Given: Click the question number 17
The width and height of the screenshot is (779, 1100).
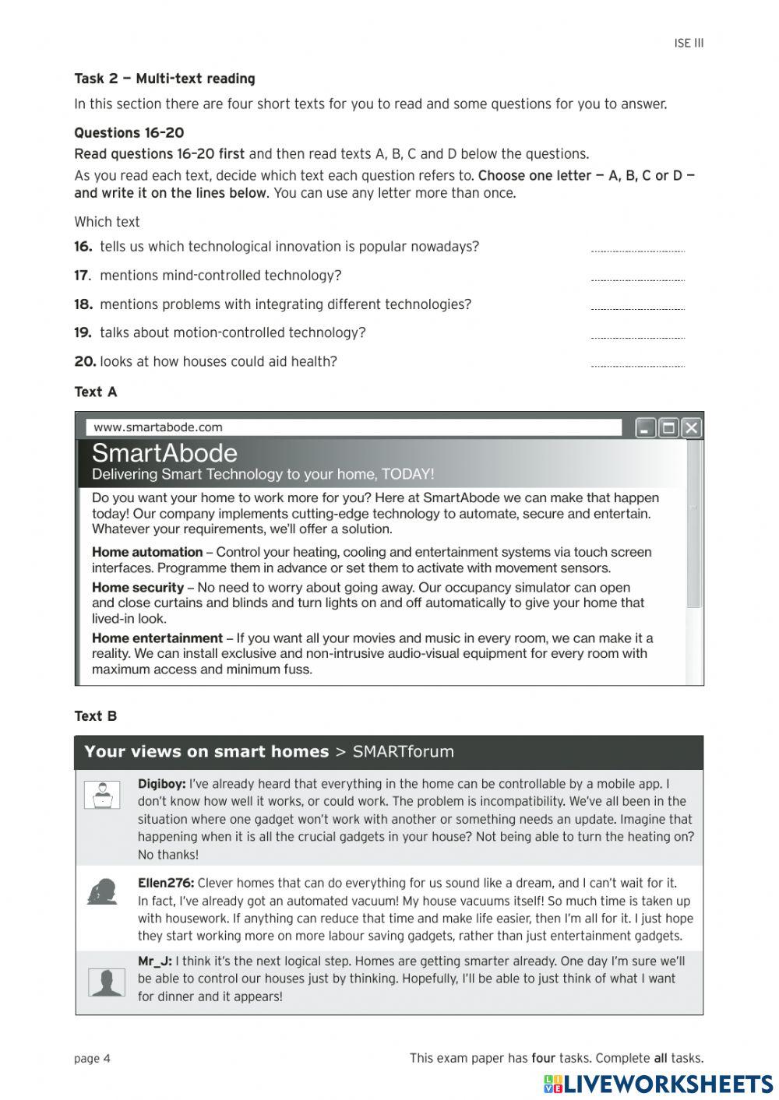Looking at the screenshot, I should click(83, 276).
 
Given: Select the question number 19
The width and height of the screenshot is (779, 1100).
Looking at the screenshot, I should click(83, 333).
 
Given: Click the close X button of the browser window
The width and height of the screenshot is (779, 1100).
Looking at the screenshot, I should click(691, 427).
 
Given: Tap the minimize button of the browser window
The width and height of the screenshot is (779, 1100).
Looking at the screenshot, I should click(646, 427).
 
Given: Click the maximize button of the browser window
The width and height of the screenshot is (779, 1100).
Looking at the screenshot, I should click(668, 427).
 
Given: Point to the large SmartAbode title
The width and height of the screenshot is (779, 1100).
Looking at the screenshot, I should click(164, 453).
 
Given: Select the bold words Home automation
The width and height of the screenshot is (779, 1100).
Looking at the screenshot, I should click(147, 553).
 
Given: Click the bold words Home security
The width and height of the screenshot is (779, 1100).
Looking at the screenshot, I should click(137, 588).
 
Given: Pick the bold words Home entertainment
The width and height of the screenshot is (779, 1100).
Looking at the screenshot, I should click(157, 638).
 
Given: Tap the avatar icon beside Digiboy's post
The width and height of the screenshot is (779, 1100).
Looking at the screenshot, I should click(103, 795).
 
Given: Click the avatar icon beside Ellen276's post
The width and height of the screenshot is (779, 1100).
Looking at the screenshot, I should click(103, 892).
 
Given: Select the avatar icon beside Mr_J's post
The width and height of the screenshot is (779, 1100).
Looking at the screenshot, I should click(106, 982).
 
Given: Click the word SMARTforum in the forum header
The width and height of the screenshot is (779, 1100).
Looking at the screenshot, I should click(403, 752).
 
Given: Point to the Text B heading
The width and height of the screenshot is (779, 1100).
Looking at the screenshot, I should click(96, 716).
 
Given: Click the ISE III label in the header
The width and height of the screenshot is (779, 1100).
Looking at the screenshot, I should click(689, 44).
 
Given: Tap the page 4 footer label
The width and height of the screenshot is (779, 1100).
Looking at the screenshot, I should click(92, 1059).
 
